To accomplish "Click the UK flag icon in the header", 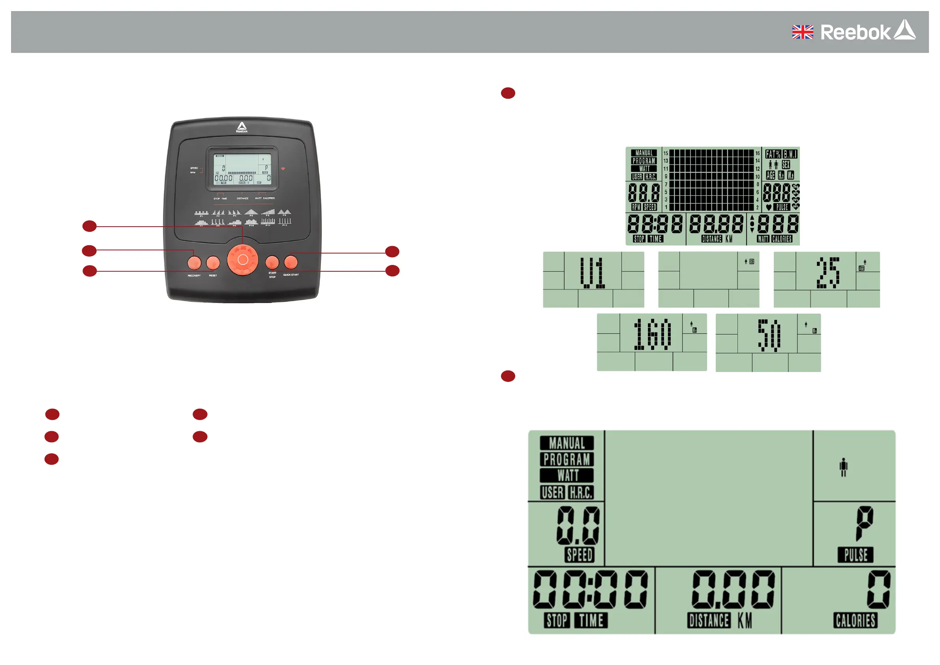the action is (803, 32).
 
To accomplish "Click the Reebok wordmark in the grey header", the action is (855, 32).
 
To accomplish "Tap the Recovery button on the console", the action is (194, 262).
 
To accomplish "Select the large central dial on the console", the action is (242, 259).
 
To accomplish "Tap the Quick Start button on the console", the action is (291, 262).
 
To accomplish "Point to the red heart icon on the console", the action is (283, 168).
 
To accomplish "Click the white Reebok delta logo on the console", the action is (242, 126).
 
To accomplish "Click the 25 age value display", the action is (828, 272).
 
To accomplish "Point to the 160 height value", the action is (653, 334).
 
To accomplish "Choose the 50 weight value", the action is (769, 335).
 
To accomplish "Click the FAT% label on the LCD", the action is (773, 154).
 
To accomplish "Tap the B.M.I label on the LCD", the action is (790, 154).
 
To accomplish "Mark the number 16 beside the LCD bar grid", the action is (757, 153).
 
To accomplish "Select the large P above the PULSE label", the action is (864, 522).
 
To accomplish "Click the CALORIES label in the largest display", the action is (855, 620).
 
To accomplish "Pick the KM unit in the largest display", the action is (745, 620).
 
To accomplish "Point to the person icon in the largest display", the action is (843, 467).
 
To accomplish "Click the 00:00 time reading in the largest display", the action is (590, 590).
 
